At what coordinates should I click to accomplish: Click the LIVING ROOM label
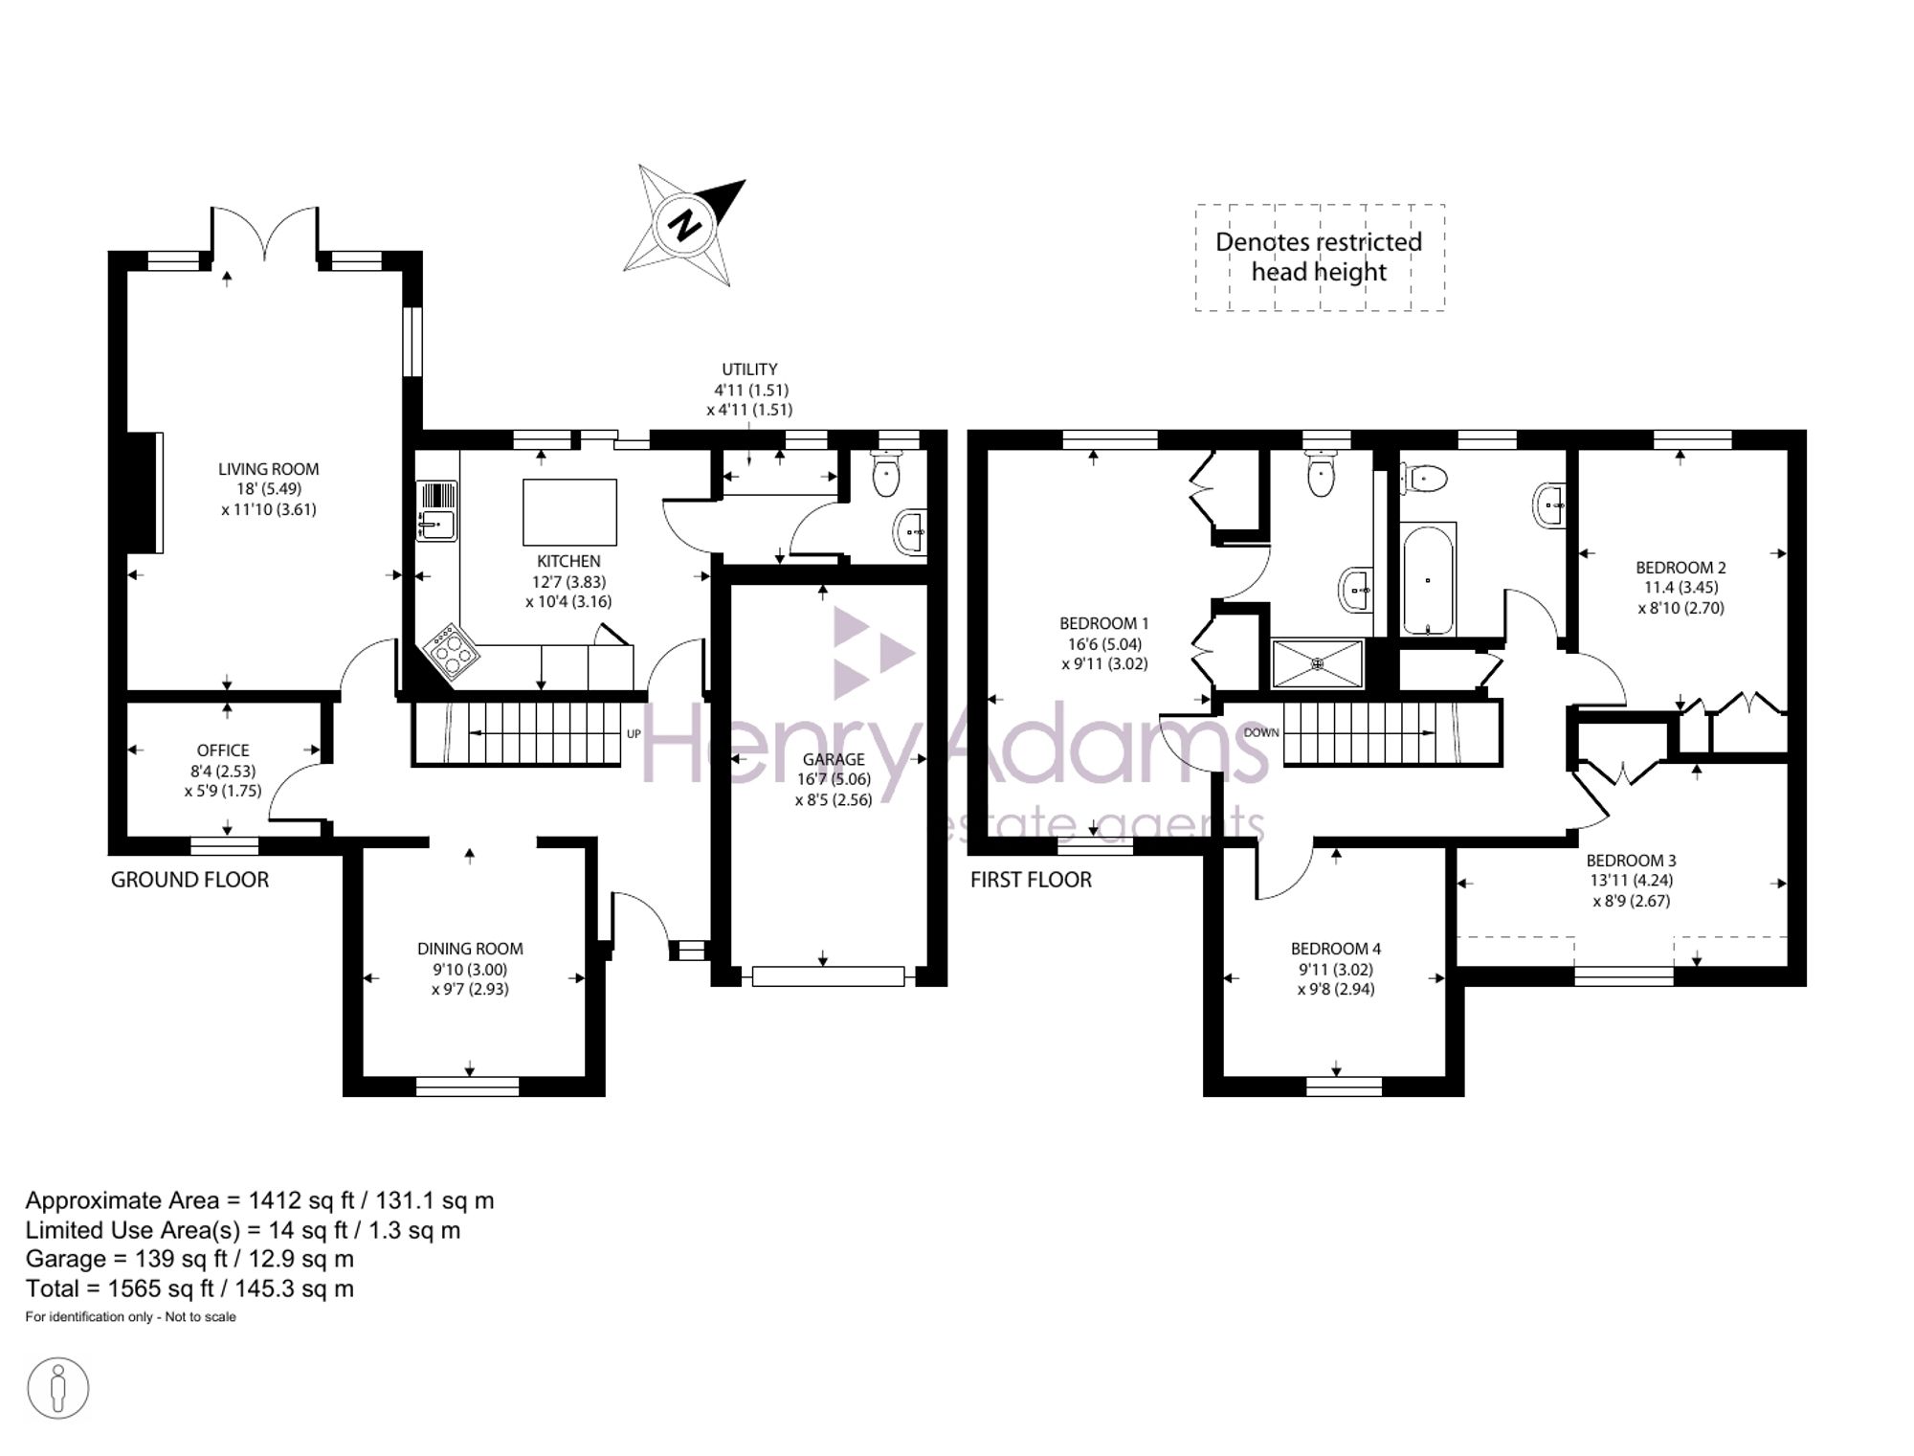(268, 469)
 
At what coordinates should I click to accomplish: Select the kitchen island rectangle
(569, 512)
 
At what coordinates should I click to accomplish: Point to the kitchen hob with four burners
(452, 651)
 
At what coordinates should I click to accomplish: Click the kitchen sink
(437, 510)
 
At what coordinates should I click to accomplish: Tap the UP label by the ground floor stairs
(634, 734)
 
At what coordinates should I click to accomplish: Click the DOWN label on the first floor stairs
(1261, 732)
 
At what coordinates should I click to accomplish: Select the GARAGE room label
(834, 759)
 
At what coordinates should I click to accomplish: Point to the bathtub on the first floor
(1428, 579)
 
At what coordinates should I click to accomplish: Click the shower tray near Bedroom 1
(1318, 663)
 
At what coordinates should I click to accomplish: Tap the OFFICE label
(223, 750)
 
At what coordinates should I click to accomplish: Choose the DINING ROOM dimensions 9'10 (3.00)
(470, 969)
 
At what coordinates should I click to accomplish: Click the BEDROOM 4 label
(1336, 949)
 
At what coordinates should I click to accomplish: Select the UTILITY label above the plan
(749, 370)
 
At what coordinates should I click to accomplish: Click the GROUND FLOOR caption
(189, 880)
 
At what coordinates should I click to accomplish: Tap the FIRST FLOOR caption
(1031, 880)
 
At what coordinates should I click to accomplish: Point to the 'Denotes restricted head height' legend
(1320, 258)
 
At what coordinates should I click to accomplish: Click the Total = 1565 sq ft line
(189, 1288)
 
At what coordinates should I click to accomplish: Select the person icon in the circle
(58, 1388)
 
